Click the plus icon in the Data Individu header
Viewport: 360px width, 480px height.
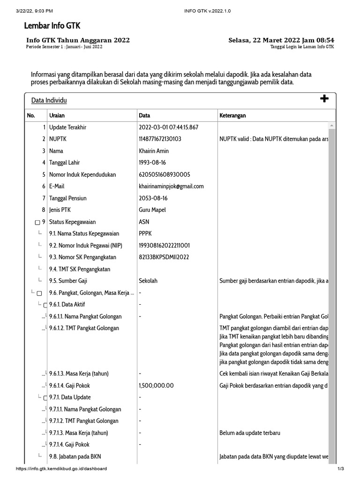(324, 98)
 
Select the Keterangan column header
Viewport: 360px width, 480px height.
(232, 116)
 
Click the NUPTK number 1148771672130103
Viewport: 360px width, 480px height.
(160, 139)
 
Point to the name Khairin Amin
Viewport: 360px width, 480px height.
(154, 151)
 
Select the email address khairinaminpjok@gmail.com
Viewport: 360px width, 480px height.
(172, 186)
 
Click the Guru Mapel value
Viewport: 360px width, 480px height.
(152, 210)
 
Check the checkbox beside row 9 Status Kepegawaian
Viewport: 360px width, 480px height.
(37, 222)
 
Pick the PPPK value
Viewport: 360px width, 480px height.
(145, 233)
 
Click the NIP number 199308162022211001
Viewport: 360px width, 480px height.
(164, 246)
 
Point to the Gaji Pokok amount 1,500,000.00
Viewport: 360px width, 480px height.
(157, 386)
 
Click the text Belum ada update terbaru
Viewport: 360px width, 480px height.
(250, 433)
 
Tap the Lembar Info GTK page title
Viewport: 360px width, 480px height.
(52, 26)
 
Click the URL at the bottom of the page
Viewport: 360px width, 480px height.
(61, 469)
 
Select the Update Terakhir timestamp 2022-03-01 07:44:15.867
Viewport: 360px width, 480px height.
(169, 127)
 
